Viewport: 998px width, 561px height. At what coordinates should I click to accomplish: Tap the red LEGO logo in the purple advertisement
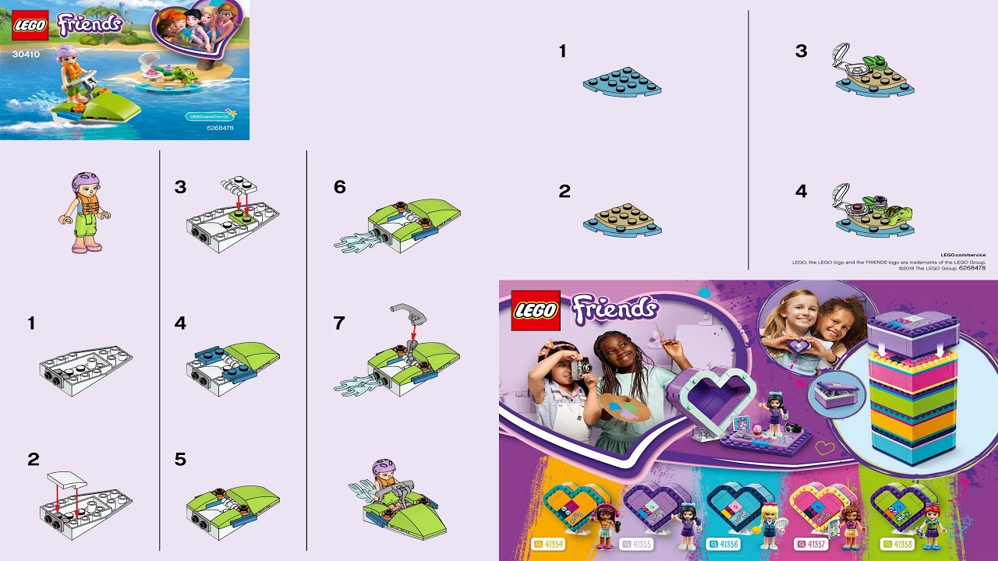535,310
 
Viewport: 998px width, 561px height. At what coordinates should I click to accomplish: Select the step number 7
338,323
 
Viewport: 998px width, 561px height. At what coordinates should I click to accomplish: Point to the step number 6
339,187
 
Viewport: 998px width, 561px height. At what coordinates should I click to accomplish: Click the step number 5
180,460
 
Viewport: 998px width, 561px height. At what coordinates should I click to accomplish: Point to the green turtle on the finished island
897,210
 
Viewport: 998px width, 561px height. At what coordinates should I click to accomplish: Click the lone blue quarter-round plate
621,83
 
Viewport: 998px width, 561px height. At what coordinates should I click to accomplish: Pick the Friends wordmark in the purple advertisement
614,309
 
